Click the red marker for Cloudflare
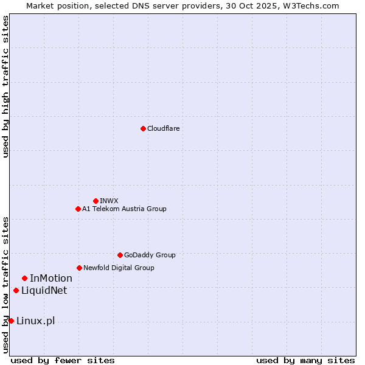(143, 128)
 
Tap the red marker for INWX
(96, 201)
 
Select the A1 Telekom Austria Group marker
(78, 209)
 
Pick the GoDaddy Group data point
(120, 255)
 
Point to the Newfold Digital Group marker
(79, 268)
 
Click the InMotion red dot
(24, 278)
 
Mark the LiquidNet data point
(16, 290)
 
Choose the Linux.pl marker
(11, 321)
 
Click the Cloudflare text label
(163, 128)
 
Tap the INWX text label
(109, 201)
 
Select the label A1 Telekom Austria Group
(124, 209)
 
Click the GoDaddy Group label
(150, 255)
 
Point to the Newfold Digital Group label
(119, 268)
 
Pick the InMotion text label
(51, 278)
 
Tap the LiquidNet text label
(44, 290)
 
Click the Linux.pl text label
(35, 321)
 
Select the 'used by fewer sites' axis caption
(63, 360)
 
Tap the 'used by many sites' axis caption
(305, 360)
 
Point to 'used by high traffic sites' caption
(5, 86)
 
